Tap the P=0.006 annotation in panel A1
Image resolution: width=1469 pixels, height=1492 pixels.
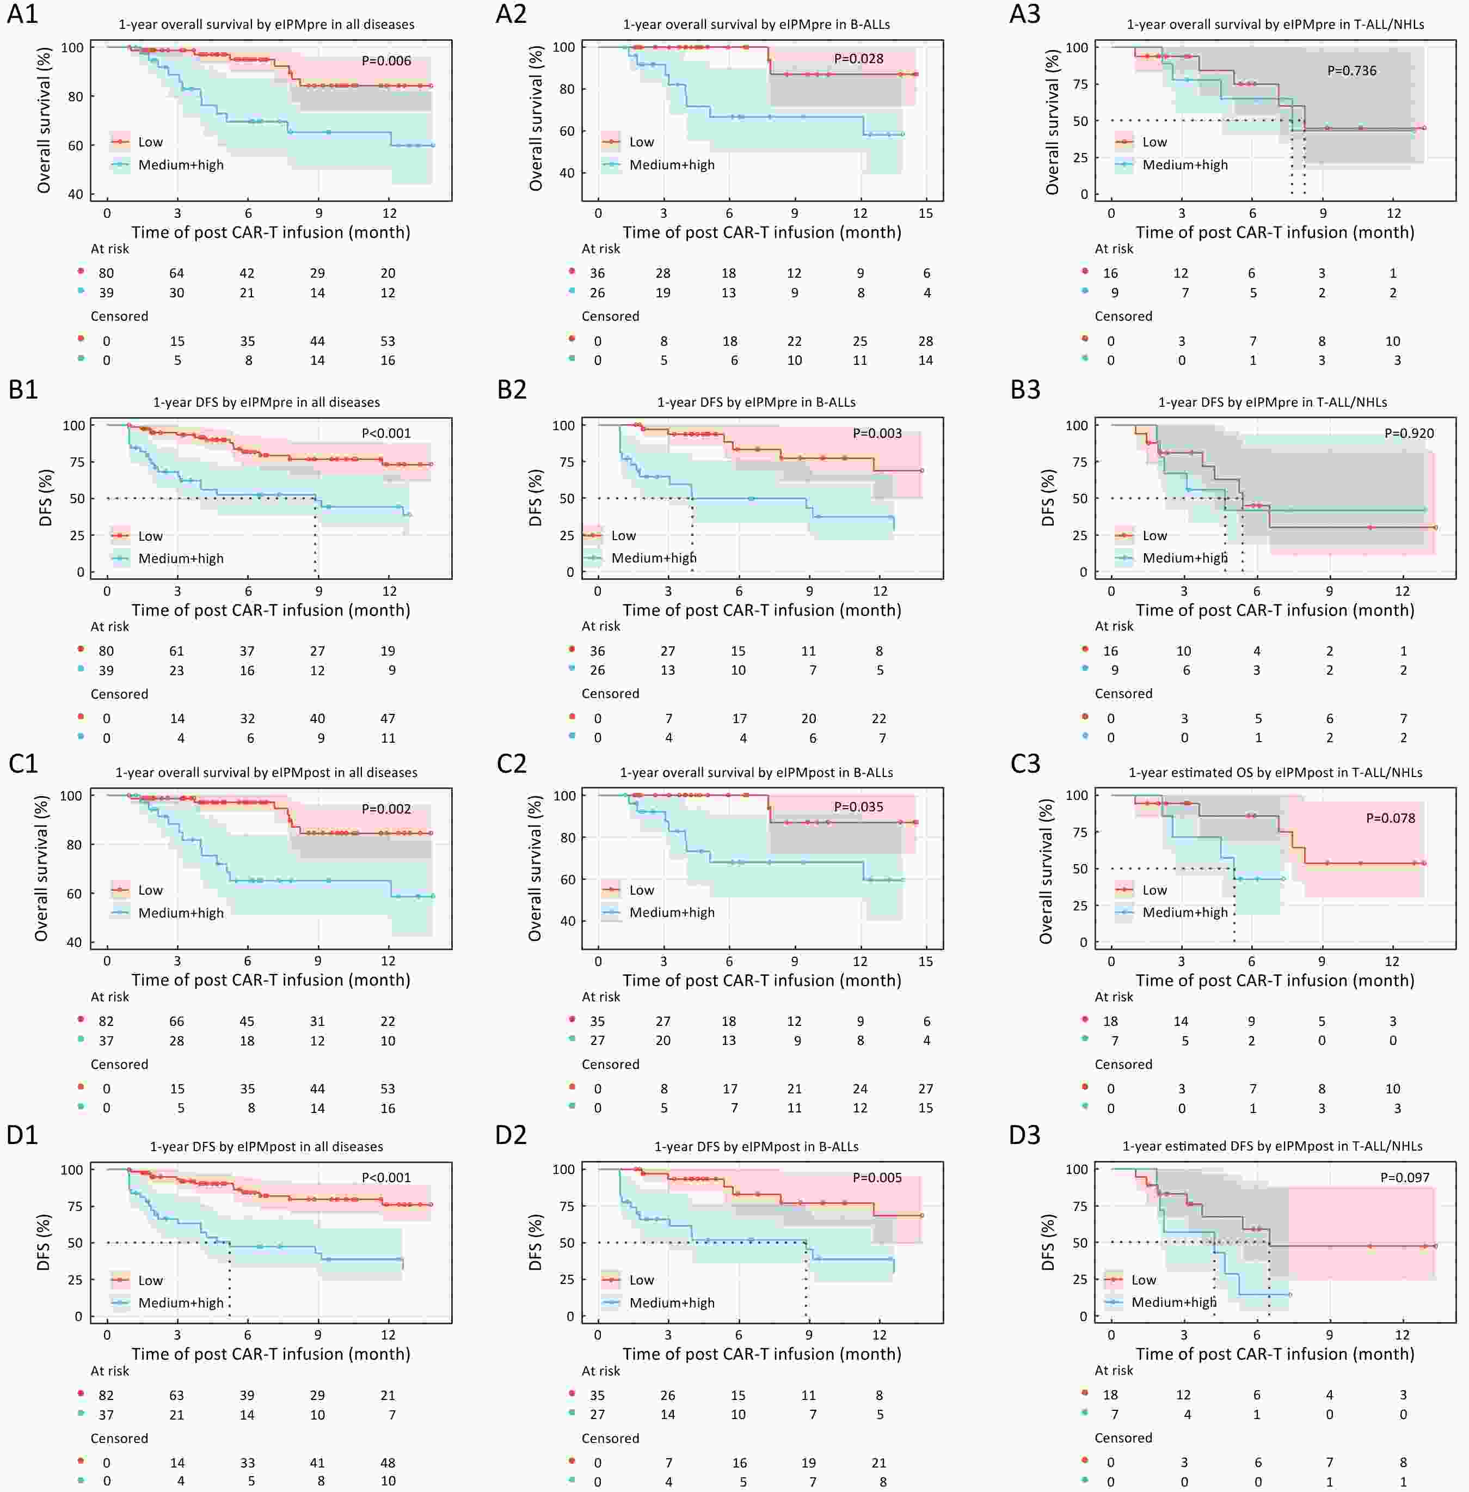pyautogui.click(x=386, y=61)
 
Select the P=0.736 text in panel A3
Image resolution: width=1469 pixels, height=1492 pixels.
pyautogui.click(x=1352, y=71)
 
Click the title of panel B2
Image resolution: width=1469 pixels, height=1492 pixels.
pyautogui.click(x=756, y=402)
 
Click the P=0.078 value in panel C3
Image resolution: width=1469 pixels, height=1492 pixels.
pyautogui.click(x=1390, y=818)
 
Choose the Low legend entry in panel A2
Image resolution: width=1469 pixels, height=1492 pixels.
pyautogui.click(x=641, y=142)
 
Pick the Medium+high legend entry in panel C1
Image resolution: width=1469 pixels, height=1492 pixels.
pyautogui.click(x=181, y=913)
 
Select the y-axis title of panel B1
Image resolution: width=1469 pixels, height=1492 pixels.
pyautogui.click(x=46, y=498)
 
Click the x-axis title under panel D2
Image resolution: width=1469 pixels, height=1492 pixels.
pyautogui.click(x=761, y=1354)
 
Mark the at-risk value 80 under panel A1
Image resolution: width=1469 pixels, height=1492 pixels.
pyautogui.click(x=106, y=273)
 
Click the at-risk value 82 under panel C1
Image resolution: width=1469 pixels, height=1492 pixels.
pyautogui.click(x=106, y=1021)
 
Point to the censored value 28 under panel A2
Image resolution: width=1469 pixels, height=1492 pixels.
pyautogui.click(x=926, y=341)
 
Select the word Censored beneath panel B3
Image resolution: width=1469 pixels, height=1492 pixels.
pyautogui.click(x=1123, y=694)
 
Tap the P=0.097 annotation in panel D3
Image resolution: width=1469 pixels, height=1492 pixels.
pyautogui.click(x=1405, y=1178)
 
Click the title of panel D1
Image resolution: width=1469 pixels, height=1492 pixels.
pyautogui.click(x=266, y=1147)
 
